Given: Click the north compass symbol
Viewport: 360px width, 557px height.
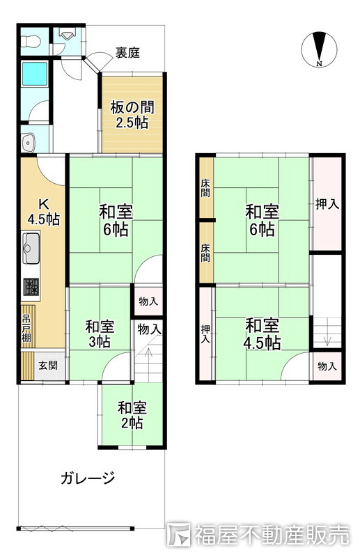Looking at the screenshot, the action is (x=319, y=49).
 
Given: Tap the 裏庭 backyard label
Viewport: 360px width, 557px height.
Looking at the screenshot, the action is (x=127, y=53).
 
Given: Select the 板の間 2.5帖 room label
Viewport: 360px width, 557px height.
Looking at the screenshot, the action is (x=132, y=114).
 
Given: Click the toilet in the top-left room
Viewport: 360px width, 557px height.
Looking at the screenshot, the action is (x=29, y=41).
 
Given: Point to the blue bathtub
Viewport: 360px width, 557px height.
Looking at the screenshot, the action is (x=35, y=74).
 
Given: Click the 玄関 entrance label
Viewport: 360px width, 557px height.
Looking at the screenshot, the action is (x=48, y=366).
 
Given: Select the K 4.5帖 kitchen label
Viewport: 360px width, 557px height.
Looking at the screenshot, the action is (x=44, y=212).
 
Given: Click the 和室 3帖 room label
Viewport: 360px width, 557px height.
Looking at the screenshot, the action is (x=100, y=334).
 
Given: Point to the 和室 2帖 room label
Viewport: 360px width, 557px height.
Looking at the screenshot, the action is (x=132, y=415).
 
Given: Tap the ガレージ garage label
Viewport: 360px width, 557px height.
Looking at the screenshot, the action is (x=88, y=478).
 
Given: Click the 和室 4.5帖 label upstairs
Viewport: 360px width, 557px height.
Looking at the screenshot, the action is (x=263, y=335).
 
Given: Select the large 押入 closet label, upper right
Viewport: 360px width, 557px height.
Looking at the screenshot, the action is (x=327, y=204).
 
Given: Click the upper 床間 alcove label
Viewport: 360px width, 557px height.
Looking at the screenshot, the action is (x=205, y=189).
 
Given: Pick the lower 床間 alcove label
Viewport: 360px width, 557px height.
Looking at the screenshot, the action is (x=205, y=253).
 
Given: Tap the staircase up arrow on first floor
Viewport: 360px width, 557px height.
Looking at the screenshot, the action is (x=148, y=358).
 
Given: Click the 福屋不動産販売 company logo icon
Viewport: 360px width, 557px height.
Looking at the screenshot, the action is (x=179, y=533).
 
